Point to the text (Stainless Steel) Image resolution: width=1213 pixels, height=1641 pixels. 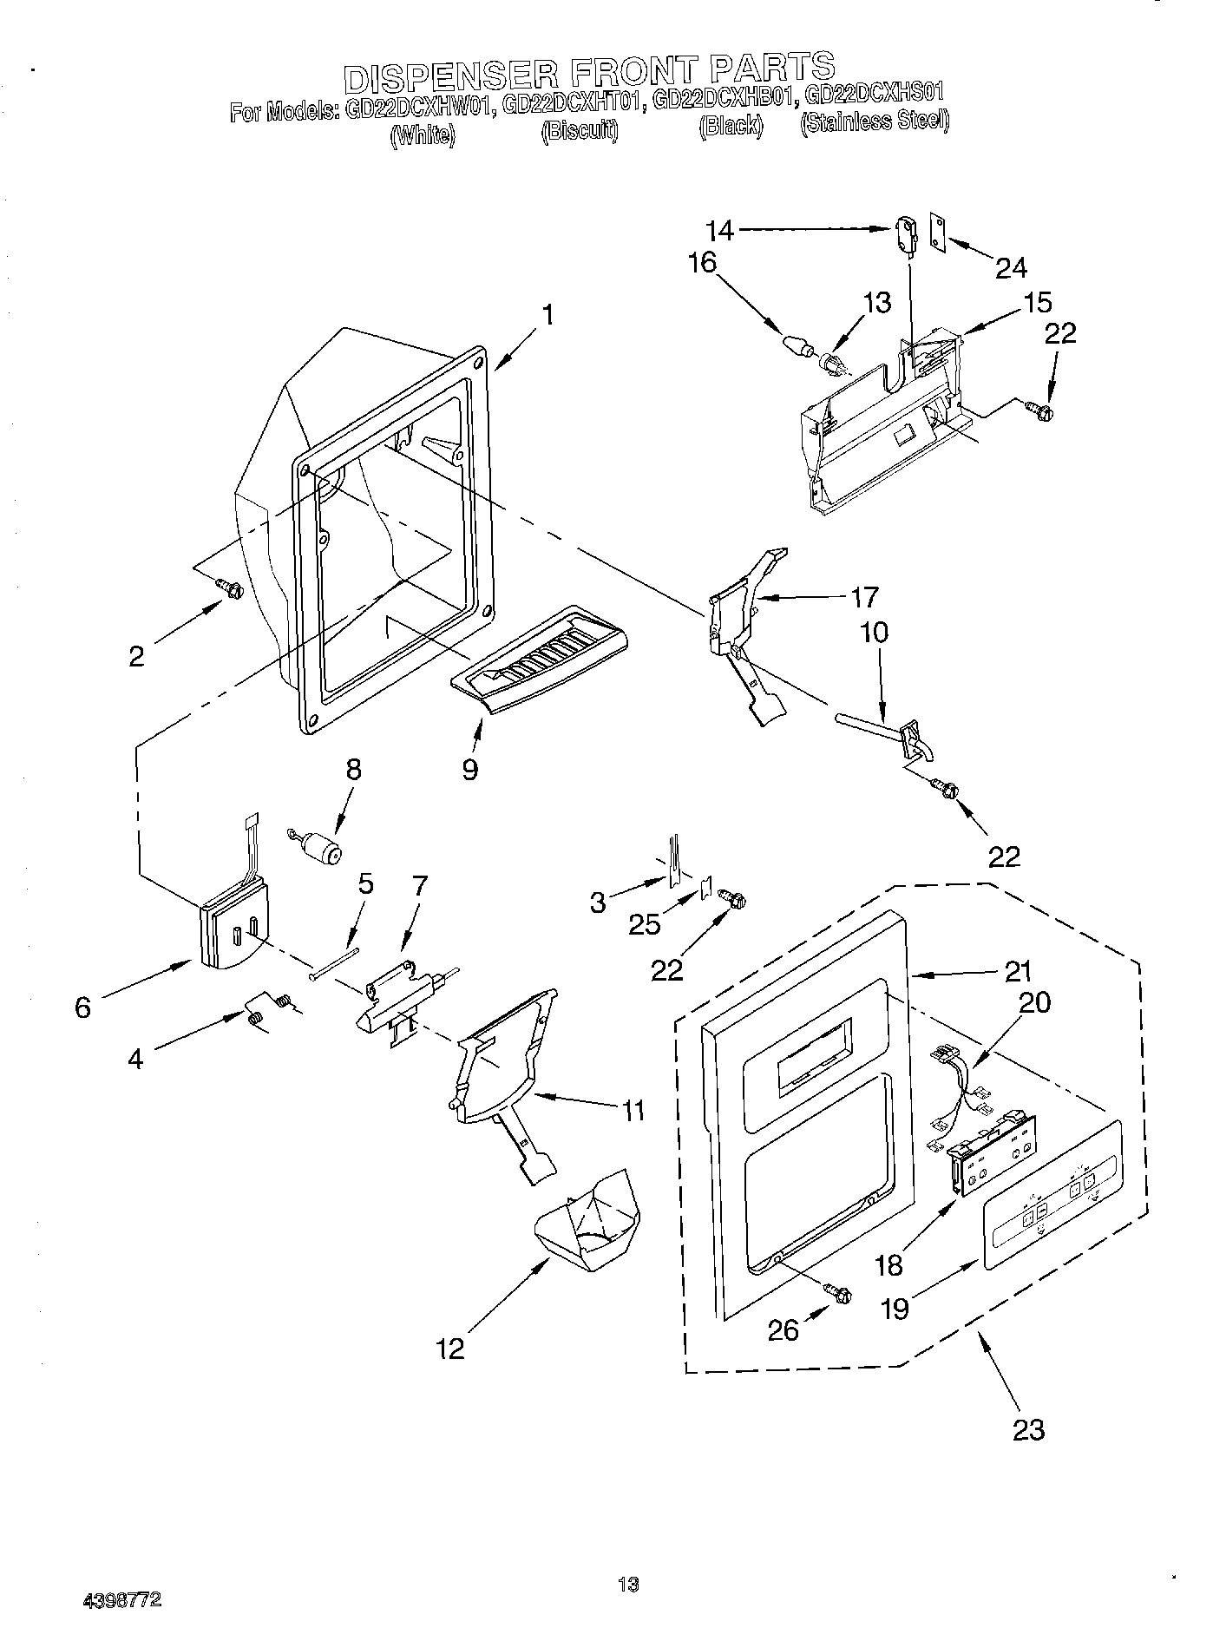pyautogui.click(x=874, y=121)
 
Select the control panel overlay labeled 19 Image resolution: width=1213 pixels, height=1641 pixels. pyautogui.click(x=1052, y=1197)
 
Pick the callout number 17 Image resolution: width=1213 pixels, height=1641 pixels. pyautogui.click(x=864, y=597)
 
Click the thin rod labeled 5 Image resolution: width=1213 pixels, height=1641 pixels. pyautogui.click(x=334, y=963)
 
